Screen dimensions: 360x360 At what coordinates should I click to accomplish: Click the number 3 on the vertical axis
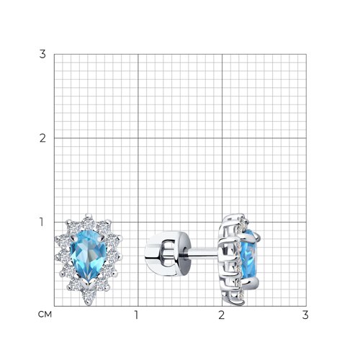click(x=42, y=54)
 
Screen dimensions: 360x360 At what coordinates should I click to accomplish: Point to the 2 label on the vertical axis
click(x=42, y=138)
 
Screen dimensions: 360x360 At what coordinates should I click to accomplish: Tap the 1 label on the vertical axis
click(x=42, y=222)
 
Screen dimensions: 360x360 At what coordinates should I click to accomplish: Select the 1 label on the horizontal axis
click(x=137, y=315)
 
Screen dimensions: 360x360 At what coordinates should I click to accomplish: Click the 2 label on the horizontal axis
click(x=221, y=315)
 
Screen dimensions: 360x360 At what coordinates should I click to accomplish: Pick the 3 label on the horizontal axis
click(x=305, y=315)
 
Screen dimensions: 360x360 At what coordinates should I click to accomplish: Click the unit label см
click(x=45, y=314)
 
